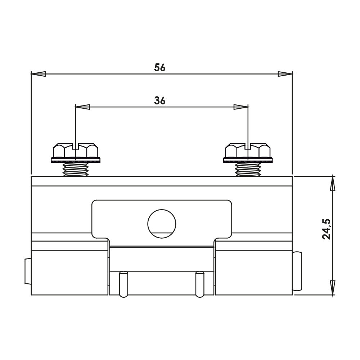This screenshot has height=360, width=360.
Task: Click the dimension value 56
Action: (x=159, y=68)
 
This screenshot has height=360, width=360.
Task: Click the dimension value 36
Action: (x=159, y=100)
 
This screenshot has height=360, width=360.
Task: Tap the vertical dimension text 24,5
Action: (x=326, y=229)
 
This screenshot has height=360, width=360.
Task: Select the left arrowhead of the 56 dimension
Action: (x=38, y=74)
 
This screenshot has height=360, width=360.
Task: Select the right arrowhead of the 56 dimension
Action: (x=285, y=74)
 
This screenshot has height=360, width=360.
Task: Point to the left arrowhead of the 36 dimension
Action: (x=82, y=107)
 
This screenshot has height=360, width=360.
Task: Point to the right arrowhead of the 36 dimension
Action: (x=241, y=107)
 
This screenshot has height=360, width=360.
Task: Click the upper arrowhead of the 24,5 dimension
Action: (x=332, y=184)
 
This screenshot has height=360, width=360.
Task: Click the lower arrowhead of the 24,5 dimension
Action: (x=332, y=288)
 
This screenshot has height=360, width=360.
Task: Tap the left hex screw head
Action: (x=76, y=150)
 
